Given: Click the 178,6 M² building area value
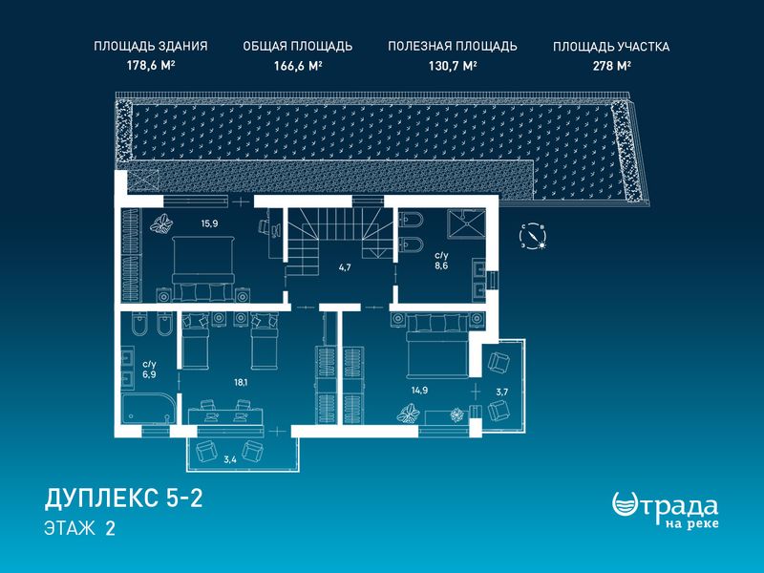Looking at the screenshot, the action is point(151,66).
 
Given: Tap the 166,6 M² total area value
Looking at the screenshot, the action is point(298,66).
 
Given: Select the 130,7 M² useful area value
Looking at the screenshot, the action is point(452,66).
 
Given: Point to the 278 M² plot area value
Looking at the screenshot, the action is point(611,66).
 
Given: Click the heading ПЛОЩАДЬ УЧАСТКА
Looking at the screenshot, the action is point(611,47).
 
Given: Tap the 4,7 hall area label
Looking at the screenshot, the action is point(345,267).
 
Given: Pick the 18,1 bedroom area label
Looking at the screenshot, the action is point(241,383).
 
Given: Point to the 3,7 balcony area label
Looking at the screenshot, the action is point(502,392).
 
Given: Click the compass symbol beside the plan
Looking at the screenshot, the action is point(533,237).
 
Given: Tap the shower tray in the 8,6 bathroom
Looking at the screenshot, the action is point(467,222).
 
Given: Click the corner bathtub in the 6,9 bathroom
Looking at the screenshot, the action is point(148,409).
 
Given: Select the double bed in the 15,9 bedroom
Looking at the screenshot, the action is point(203,268).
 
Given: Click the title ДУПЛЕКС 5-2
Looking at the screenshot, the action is point(123,499).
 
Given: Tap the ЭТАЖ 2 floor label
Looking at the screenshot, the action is point(79,529).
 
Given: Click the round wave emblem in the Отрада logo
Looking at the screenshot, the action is point(626,505).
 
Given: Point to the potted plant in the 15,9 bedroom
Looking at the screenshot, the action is point(161,224).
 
